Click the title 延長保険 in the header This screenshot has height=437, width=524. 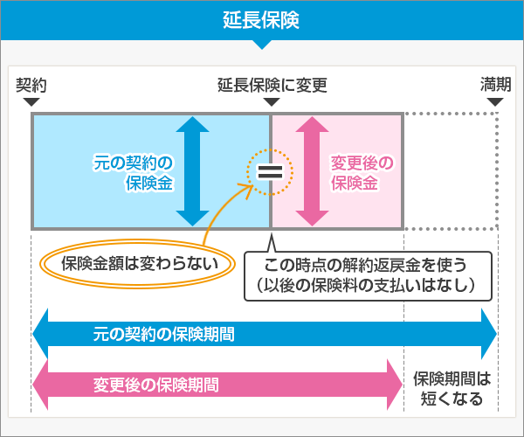point(262,20)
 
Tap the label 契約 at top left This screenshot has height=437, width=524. point(31,85)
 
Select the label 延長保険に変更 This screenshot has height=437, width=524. point(272,85)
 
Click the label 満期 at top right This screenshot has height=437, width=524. point(495,85)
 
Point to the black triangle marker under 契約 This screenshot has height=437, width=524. point(31,102)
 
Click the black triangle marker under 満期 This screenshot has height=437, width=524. point(495,102)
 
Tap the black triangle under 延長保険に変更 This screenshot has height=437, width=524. point(272,102)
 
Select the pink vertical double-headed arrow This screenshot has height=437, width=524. point(310,170)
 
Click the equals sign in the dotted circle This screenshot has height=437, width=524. point(269,171)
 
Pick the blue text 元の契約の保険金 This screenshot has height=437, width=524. point(133,172)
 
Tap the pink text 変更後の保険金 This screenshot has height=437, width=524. point(362,172)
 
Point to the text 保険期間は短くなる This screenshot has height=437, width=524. point(452,390)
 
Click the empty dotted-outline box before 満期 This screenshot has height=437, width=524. point(450,170)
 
